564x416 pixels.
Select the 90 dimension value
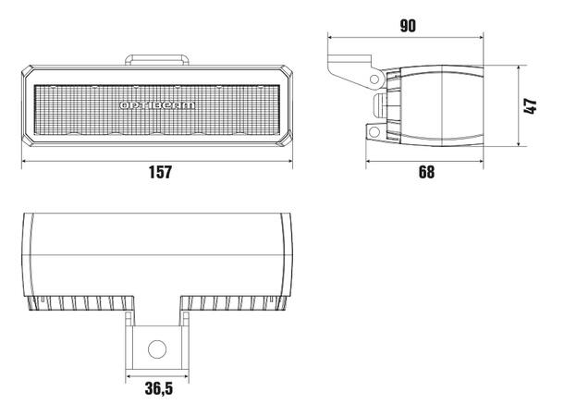407,26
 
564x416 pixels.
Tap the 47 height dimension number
530,106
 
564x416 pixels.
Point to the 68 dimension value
426,172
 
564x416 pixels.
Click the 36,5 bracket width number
157,388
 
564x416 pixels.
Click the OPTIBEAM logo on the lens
158,105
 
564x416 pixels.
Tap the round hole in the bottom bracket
158,349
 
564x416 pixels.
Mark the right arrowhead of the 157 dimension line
293,159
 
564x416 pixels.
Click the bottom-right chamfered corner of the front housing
289,142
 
